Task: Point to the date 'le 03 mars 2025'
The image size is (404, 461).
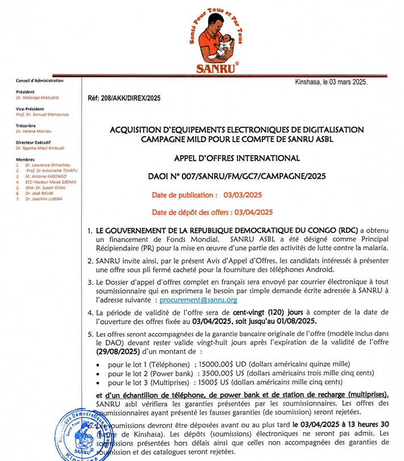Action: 343,82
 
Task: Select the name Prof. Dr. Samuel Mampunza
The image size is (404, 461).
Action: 43,114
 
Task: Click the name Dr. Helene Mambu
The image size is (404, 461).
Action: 33,131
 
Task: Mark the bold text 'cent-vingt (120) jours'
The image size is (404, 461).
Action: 267,313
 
